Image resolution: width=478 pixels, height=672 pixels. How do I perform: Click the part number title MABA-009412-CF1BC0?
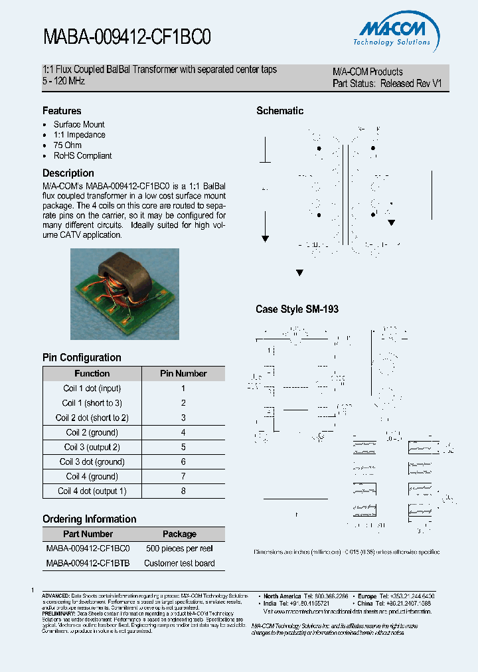click(x=127, y=37)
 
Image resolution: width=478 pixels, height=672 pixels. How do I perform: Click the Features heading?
click(x=62, y=111)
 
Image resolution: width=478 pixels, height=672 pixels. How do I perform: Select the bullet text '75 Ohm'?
click(x=68, y=145)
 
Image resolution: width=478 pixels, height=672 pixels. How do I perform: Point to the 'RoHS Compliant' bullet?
click(x=82, y=156)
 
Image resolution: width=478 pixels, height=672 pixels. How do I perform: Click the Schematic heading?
click(x=279, y=111)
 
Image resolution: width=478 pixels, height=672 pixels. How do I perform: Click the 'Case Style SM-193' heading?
click(x=297, y=309)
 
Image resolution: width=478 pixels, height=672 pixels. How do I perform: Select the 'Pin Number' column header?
click(x=183, y=374)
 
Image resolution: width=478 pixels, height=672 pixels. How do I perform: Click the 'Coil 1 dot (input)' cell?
click(x=92, y=388)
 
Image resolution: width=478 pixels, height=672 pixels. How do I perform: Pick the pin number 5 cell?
click(x=183, y=447)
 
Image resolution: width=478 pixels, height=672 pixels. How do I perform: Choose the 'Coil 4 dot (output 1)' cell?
click(x=92, y=491)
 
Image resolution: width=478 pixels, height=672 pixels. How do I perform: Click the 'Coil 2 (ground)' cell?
click(x=92, y=432)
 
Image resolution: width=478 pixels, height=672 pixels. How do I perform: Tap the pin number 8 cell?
click(x=183, y=491)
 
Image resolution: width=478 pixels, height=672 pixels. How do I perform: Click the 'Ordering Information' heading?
click(x=89, y=519)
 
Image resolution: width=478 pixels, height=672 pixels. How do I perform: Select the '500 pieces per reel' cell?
click(x=179, y=548)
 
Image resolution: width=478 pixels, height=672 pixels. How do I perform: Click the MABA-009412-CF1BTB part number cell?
click(x=88, y=563)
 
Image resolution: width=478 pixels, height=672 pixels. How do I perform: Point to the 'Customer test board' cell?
click(x=179, y=563)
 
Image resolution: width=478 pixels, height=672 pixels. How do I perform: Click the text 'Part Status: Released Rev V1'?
click(x=386, y=84)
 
